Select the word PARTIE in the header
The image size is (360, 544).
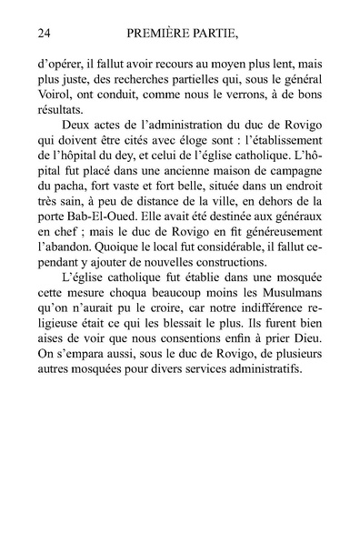coord(234,35)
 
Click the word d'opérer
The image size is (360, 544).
coord(62,66)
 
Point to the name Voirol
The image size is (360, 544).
coord(57,99)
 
